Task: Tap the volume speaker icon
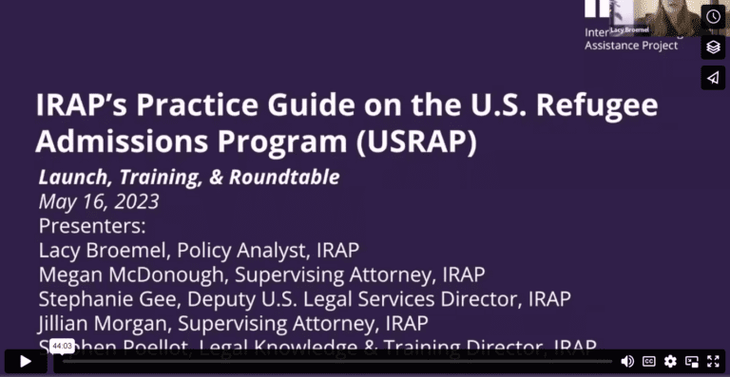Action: (627, 361)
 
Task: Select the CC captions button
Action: (649, 361)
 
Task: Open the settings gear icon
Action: (671, 361)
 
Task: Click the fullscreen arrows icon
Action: (713, 361)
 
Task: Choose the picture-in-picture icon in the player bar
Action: (692, 361)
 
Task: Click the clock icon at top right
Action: (713, 16)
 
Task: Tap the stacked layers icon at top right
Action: (713, 47)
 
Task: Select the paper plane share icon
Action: (713, 77)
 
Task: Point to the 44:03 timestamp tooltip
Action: (63, 347)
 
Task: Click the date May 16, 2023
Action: (98, 201)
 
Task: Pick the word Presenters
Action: (92, 227)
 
